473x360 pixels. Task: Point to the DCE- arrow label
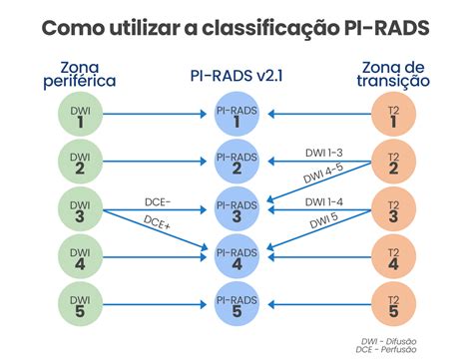tap(158, 202)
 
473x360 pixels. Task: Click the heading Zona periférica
tap(80, 74)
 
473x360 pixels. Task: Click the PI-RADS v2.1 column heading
tap(236, 75)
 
